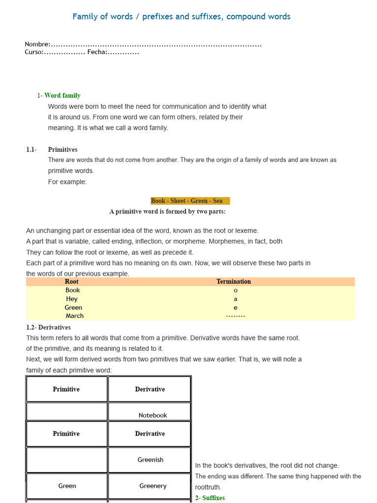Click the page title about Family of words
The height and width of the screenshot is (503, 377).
coord(181,17)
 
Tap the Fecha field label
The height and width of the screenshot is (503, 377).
coord(97,52)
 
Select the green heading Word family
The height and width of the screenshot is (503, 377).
coord(62,95)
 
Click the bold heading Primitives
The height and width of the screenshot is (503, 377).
coord(62,149)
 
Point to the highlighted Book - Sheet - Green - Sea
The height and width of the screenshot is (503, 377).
coord(187,200)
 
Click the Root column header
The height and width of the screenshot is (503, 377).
coord(72,281)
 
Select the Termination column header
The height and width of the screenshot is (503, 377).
coord(234,281)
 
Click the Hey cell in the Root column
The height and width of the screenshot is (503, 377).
coord(72,299)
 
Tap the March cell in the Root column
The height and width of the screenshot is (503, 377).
coord(75,316)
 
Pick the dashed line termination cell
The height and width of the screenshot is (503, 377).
coord(235,316)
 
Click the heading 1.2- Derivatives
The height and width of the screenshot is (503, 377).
coord(48,327)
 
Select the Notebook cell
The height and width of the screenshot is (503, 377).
coord(153,415)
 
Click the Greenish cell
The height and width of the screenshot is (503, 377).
coord(150,460)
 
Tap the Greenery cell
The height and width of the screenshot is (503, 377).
coord(153,486)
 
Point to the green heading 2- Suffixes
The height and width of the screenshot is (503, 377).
coord(210,498)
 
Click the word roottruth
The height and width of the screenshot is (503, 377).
coord(208,487)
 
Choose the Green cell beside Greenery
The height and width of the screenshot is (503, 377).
coord(67,486)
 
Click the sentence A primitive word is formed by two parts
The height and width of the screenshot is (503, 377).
coord(167,212)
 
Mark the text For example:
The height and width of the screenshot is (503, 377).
coord(67,182)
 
